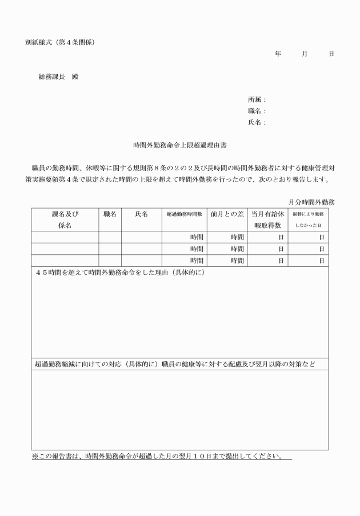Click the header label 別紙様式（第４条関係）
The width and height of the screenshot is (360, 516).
pos(59,42)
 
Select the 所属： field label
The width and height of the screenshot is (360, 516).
pos(257,99)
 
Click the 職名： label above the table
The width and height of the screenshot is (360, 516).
pos(257,111)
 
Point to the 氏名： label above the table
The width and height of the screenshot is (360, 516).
pos(257,122)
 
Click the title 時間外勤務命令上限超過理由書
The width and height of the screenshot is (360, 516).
pos(180,145)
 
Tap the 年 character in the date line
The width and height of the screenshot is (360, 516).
pos(278,54)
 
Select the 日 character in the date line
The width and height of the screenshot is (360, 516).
pos(331,54)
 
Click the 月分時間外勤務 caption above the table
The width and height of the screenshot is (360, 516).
pos(311,202)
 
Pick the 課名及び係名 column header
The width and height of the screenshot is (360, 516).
pos(65,219)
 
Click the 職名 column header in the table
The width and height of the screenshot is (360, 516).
pos(110,214)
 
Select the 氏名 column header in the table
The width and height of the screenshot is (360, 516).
pos(142,214)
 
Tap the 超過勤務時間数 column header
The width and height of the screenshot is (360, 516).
pos(185,214)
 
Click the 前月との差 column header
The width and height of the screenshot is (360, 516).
pos(227,214)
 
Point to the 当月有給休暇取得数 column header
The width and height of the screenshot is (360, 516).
pos(267,219)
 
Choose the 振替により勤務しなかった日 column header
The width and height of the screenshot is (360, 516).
pos(308,219)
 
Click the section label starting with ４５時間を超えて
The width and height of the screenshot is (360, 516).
pos(120,272)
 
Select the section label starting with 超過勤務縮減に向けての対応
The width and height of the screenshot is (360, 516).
pos(175,363)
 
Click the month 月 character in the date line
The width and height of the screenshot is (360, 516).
pos(305,54)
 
